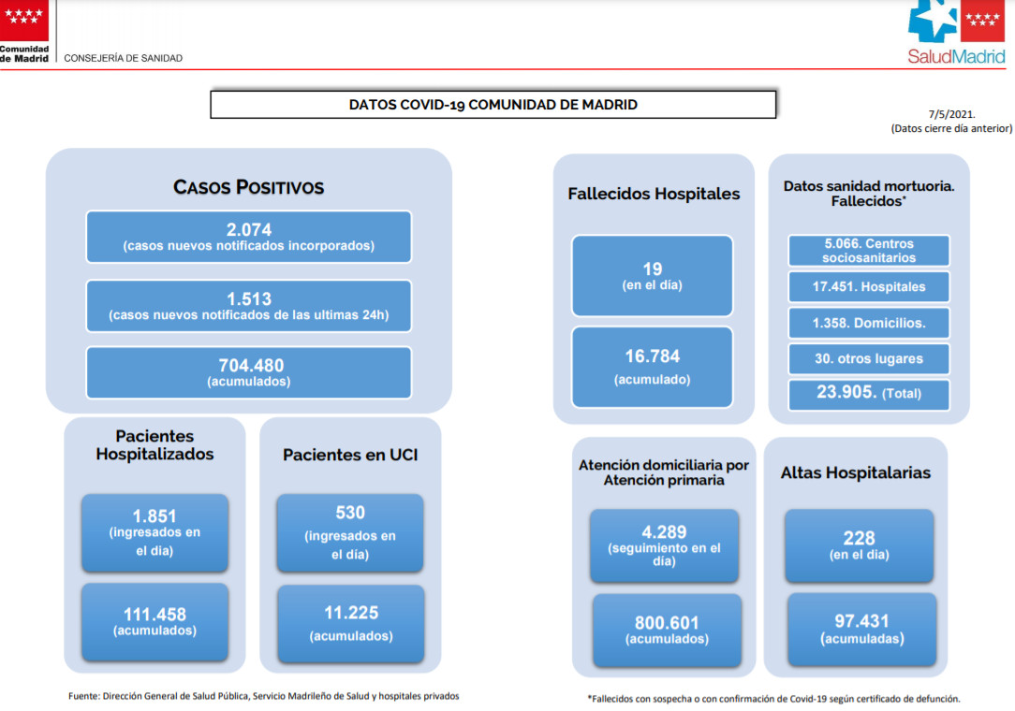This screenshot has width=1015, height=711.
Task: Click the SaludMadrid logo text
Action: [x=956, y=56]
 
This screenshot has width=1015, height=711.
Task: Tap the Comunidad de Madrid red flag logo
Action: [x=24, y=20]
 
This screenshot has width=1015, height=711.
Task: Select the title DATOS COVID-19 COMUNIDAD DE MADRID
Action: [x=493, y=105]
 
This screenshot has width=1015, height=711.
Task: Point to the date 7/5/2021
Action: [x=951, y=114]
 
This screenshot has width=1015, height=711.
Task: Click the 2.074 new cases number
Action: [x=248, y=229]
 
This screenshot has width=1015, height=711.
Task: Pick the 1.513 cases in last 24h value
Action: [x=248, y=298]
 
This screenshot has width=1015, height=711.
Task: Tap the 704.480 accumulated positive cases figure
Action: [x=251, y=366]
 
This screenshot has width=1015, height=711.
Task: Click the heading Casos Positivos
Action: [x=248, y=187]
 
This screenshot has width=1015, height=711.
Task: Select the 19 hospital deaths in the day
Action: [x=653, y=269]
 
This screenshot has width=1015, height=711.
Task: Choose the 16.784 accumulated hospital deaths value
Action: [x=653, y=356]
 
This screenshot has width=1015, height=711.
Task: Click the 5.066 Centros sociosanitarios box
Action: [x=869, y=251]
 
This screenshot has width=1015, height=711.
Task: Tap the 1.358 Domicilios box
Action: [x=869, y=323]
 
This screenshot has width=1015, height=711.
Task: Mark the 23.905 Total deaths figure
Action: [x=846, y=391]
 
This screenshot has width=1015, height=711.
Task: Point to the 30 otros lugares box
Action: [x=869, y=358]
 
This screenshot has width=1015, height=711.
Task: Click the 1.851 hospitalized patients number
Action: [x=154, y=516]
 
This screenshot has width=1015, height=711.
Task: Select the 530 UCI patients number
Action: [x=350, y=513]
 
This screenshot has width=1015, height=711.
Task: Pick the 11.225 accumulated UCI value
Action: [x=351, y=613]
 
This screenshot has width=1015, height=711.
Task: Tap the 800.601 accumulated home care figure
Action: [x=667, y=623]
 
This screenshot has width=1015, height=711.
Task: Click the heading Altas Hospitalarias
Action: [x=856, y=473]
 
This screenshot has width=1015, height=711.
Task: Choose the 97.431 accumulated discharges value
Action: [x=861, y=621]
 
